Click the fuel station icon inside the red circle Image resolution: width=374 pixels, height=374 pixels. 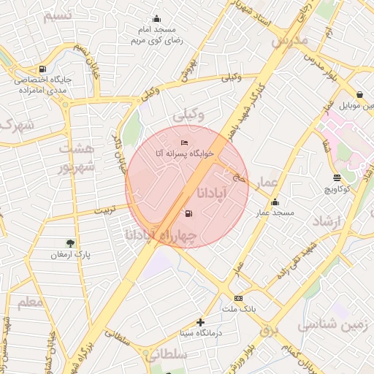189,213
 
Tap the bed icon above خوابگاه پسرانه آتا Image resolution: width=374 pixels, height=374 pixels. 184,142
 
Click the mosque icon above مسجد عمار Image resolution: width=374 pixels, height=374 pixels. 275,202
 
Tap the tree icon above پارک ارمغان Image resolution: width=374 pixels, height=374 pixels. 70,243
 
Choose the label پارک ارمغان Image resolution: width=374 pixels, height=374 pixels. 69,255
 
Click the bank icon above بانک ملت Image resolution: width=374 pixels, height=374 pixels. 239,298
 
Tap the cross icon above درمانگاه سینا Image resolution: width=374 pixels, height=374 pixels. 200,321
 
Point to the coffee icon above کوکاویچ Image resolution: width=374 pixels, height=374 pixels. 337,178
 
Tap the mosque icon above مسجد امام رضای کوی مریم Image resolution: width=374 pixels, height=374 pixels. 156,19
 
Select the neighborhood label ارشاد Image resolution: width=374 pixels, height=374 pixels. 327,221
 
